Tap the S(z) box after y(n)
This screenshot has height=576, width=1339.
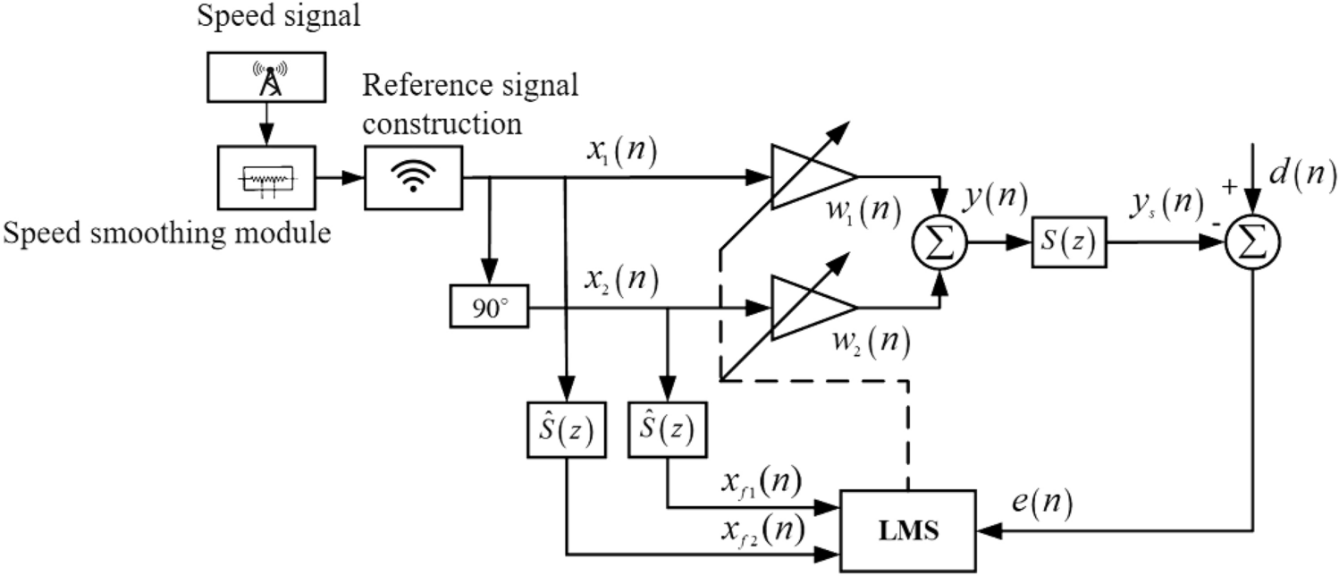pyautogui.click(x=1068, y=241)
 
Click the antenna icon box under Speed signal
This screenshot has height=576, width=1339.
pyautogui.click(x=269, y=79)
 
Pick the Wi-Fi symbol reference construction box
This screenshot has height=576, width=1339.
pyautogui.click(x=412, y=177)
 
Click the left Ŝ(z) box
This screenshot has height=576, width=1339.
pyautogui.click(x=565, y=431)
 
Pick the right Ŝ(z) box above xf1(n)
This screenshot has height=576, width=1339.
pyautogui.click(x=667, y=431)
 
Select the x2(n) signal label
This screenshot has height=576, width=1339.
pyautogui.click(x=616, y=282)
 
